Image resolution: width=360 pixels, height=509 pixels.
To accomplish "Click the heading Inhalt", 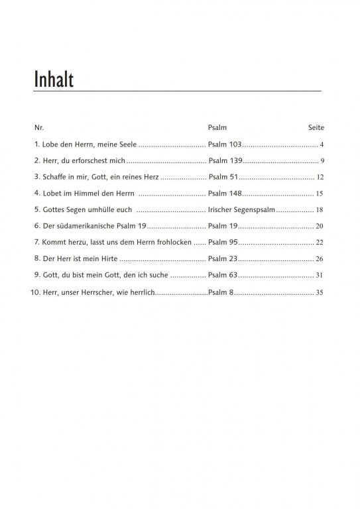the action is point(54,80).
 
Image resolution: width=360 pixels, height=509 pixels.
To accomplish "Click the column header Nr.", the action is point(38,127).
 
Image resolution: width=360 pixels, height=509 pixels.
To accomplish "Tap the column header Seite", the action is point(316,127).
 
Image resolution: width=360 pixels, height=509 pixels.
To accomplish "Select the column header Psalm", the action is point(217,127).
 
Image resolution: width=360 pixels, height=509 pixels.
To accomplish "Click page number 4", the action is point(321,144).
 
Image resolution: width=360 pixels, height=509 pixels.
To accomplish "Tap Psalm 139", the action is point(225,160).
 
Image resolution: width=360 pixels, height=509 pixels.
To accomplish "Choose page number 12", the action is point(320,177).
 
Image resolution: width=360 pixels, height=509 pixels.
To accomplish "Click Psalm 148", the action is point(225,194).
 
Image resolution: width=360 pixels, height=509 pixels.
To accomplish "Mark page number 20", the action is point(320,226).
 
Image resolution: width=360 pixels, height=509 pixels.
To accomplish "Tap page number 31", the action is point(320,275).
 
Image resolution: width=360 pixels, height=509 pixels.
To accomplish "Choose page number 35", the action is point(320,292).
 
